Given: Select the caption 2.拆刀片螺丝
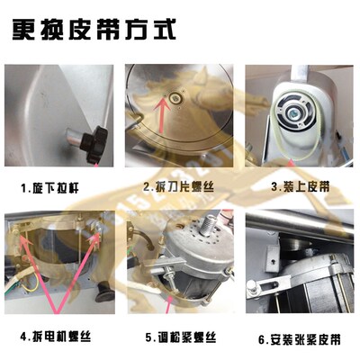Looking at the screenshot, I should (179, 188).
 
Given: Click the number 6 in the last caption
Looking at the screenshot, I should (262, 340).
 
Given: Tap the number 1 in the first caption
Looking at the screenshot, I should (26, 189).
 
